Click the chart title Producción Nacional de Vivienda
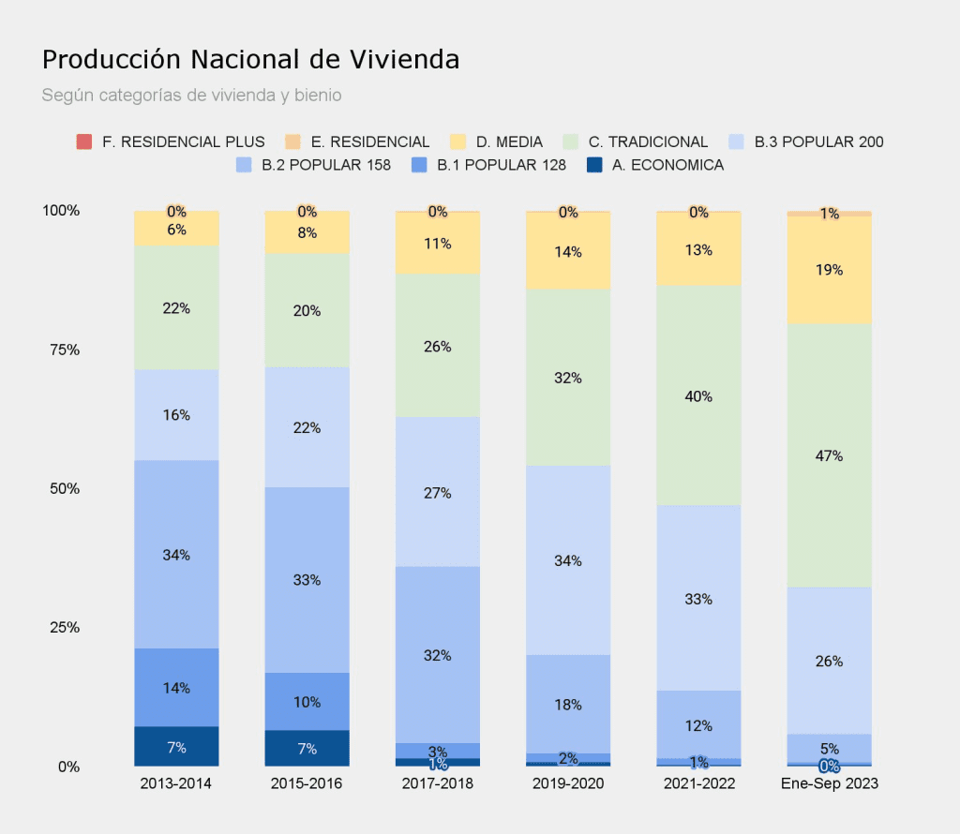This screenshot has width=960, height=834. coord(250,60)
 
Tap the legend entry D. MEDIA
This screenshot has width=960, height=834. coord(508,142)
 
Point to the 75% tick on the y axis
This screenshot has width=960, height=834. coord(61,350)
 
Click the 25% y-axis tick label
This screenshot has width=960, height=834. coord(61,628)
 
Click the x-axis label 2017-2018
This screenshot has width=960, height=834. coord(438,783)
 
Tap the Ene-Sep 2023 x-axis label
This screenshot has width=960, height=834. coord(830,783)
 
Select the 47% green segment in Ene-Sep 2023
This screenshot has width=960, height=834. coord(830,456)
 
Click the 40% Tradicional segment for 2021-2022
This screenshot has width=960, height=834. coord(698,396)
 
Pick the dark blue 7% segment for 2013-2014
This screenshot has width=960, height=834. coord(176,747)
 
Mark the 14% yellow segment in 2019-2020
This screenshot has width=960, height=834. coord(568,251)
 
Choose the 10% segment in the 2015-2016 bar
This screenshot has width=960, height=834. coord(307,702)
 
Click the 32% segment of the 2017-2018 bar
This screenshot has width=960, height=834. coord(438,655)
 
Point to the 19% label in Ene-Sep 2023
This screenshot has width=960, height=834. coord(830,270)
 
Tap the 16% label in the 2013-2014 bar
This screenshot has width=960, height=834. coord(176,415)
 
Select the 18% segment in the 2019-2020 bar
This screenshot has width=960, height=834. coord(568,704)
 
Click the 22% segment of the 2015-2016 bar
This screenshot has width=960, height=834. coord(307,427)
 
